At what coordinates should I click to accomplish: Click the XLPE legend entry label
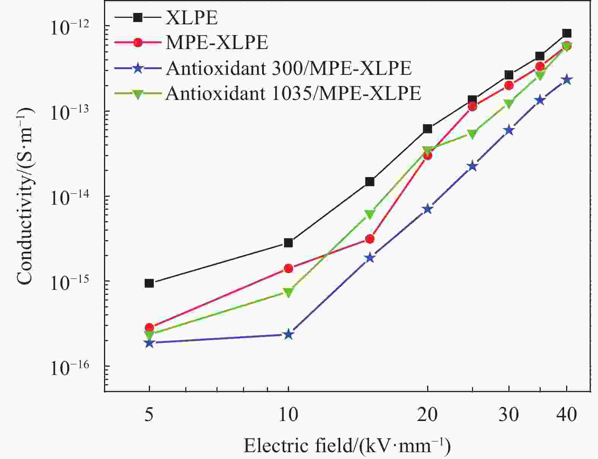(x=192, y=18)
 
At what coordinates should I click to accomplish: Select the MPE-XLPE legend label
(x=217, y=42)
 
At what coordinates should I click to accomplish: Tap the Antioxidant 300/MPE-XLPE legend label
(x=289, y=68)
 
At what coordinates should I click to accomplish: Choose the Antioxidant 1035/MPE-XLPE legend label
(x=293, y=93)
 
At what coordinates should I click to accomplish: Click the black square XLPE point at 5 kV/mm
(x=149, y=283)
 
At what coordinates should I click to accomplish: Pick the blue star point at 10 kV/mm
(x=289, y=335)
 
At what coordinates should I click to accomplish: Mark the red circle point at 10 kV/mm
(x=289, y=268)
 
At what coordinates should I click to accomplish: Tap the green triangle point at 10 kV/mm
(x=289, y=292)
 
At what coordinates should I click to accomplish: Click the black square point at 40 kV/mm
(x=567, y=33)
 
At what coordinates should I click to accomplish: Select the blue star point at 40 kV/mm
(x=567, y=80)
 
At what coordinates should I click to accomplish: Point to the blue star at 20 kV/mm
(x=428, y=209)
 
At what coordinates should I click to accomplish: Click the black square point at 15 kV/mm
(x=370, y=182)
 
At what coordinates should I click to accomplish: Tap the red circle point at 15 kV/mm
(x=370, y=239)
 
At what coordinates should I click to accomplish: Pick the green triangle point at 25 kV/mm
(x=472, y=134)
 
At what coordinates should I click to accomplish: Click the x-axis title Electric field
(x=347, y=446)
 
